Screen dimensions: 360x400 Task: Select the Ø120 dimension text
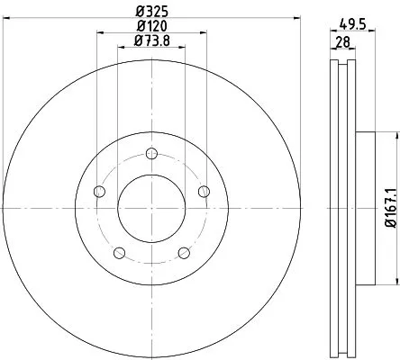pyautogui.click(x=150, y=26)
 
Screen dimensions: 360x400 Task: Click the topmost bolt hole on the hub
pyautogui.click(x=151, y=152)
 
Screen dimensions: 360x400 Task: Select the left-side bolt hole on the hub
pyautogui.click(x=99, y=191)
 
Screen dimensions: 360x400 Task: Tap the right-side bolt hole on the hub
pyautogui.click(x=204, y=191)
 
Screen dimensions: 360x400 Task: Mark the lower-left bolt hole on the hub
pyautogui.click(x=119, y=252)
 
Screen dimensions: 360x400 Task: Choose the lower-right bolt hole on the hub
pyautogui.click(x=184, y=252)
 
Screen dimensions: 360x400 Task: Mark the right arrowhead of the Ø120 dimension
pyautogui.click(x=204, y=34)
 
